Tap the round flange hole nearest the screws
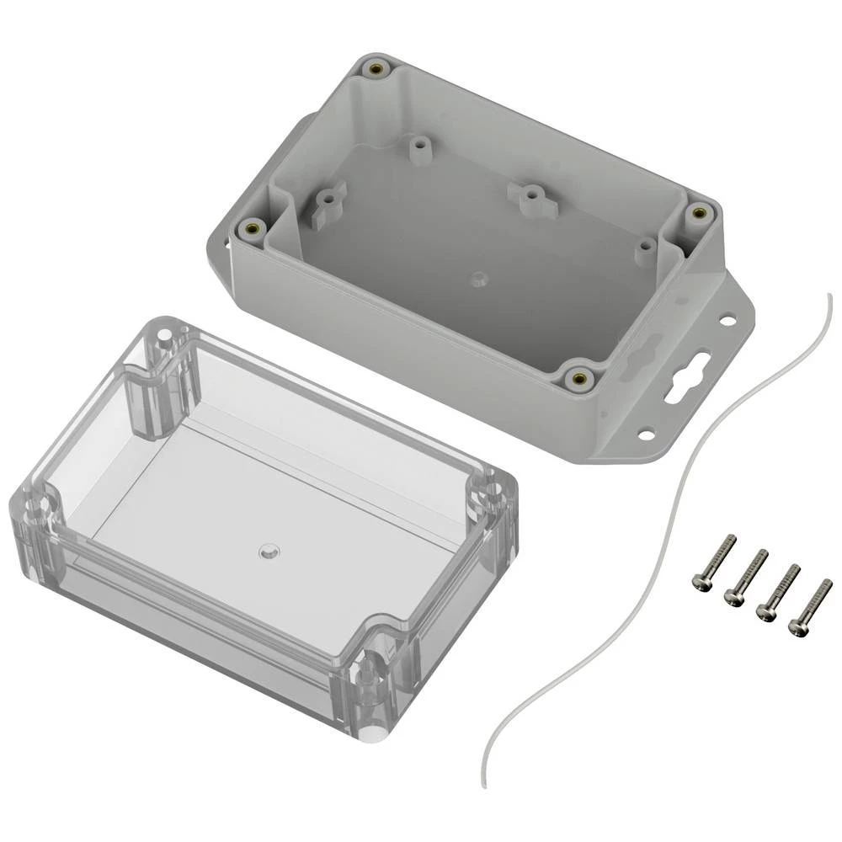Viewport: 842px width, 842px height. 646,435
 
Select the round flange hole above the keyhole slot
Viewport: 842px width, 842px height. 726,320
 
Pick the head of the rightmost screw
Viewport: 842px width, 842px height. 796,626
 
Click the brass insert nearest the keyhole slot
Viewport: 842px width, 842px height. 578,378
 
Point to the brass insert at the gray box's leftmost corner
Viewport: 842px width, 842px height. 252,227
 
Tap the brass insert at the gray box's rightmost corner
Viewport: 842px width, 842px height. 697,214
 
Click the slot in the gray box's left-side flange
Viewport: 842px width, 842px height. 227,243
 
